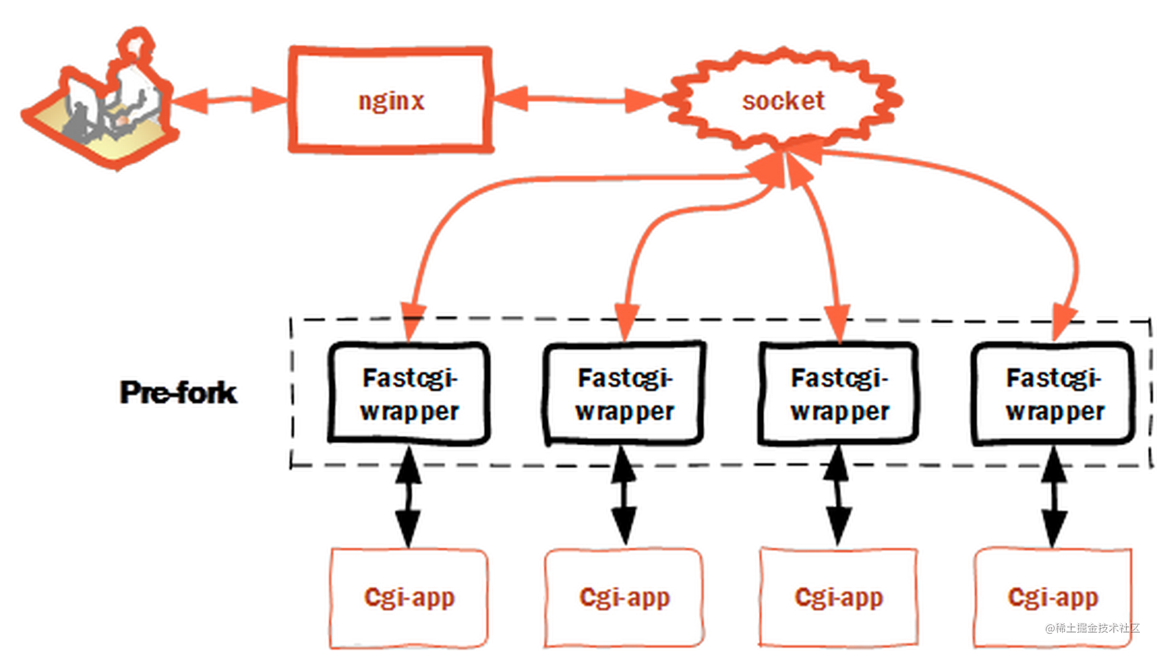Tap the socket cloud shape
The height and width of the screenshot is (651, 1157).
point(784,101)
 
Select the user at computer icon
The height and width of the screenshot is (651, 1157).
point(101,106)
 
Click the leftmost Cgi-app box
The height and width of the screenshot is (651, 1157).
point(409,597)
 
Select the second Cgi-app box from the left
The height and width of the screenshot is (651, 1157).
point(625,597)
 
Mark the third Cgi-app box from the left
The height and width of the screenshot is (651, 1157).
point(839,597)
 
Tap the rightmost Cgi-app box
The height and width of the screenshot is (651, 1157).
point(1053,597)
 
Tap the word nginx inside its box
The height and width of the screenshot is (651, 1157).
point(392,101)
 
